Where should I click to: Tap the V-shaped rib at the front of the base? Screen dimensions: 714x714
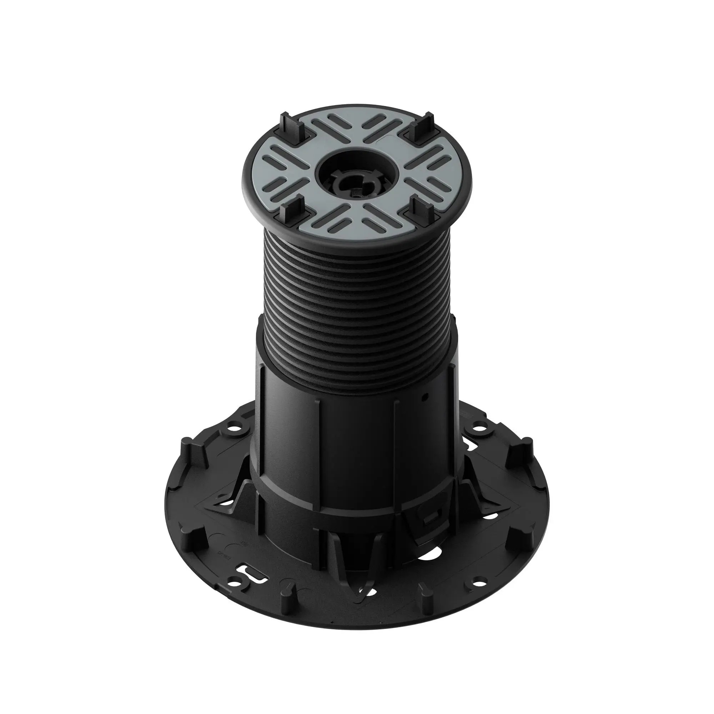coord(351,554)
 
